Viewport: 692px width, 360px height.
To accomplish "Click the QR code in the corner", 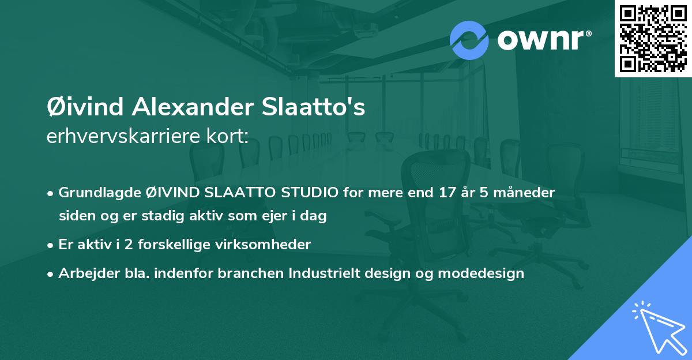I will (x=653, y=38).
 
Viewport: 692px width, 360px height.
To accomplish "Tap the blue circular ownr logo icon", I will (x=469, y=40).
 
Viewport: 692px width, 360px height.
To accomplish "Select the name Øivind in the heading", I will (x=85, y=107).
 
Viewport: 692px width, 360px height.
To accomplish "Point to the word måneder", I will (x=526, y=193).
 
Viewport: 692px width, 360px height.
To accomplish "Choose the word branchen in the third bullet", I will (x=251, y=273).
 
